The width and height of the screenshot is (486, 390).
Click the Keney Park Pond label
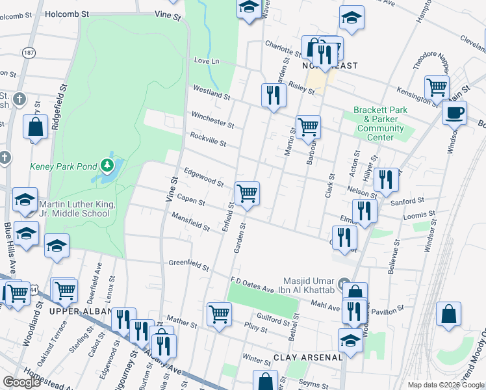pyautogui.click(x=62, y=166)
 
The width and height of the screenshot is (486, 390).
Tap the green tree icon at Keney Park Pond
pyautogui.click(x=107, y=167)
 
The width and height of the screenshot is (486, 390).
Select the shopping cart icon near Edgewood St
pyautogui.click(x=247, y=193)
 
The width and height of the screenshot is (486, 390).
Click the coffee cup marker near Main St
pyautogui.click(x=454, y=112)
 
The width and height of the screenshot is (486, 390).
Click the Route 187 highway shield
pyautogui.click(x=28, y=51)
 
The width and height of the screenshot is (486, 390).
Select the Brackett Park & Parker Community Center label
pyautogui.click(x=380, y=123)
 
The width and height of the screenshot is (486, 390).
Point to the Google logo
pyautogui.click(x=21, y=382)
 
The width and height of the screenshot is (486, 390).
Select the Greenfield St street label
pyautogui.click(x=189, y=266)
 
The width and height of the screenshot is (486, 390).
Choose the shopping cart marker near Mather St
pyautogui.click(x=220, y=314)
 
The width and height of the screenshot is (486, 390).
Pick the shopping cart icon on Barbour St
pyautogui.click(x=308, y=126)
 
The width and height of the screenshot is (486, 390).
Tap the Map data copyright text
pyautogui.click(x=445, y=384)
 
